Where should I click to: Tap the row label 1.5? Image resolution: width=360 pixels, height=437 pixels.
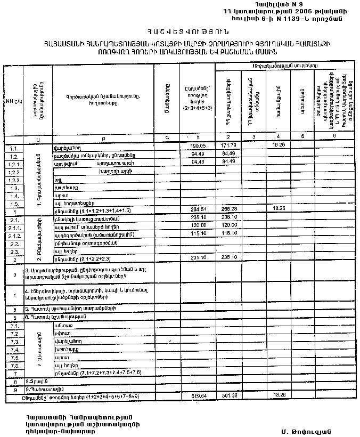click(14, 203)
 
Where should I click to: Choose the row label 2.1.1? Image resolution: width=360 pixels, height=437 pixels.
click(14, 227)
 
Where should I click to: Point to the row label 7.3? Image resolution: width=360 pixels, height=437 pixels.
click(14, 341)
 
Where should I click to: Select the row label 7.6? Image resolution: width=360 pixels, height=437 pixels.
click(14, 366)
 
